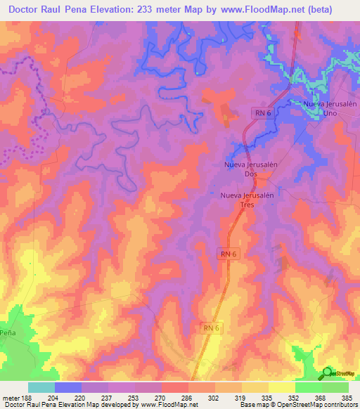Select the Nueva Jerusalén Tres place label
tap(246, 200)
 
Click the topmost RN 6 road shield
tap(262, 112)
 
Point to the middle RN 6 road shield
tap(228, 253)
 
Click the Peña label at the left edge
tap(8, 332)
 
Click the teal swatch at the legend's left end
tap(41, 387)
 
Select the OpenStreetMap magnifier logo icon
tap(326, 372)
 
